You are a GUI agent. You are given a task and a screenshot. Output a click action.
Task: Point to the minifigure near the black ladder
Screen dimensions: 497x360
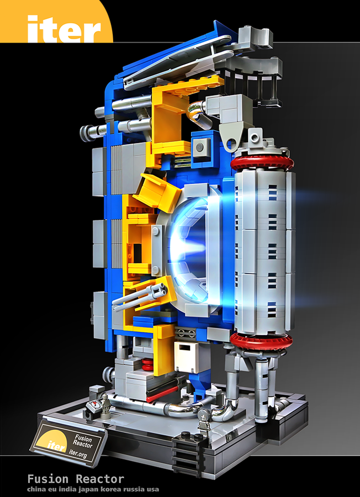pos(203,424)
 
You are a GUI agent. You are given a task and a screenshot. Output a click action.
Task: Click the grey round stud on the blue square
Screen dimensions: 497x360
pos(201,146)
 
